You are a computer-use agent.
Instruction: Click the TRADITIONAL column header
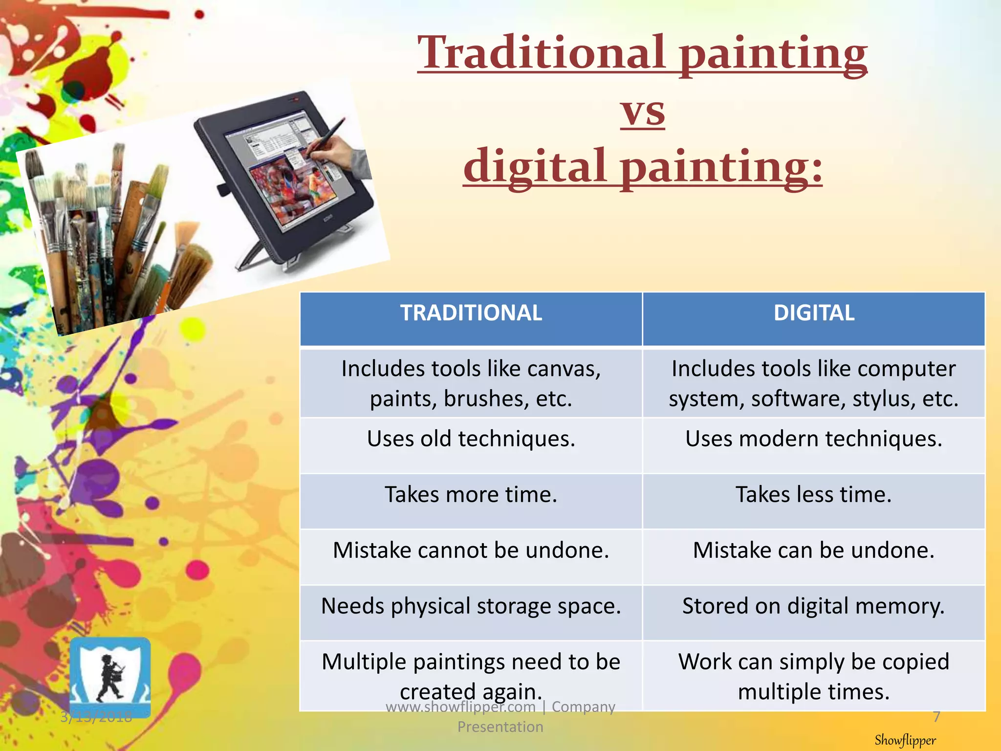471,313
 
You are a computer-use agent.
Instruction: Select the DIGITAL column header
814,313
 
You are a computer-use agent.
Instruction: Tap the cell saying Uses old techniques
471,439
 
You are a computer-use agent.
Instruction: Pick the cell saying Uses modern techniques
814,439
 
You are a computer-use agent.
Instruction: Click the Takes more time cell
471,494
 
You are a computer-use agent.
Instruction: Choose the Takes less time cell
814,494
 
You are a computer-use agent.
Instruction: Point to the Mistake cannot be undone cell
471,550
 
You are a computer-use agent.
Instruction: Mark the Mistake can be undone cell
814,550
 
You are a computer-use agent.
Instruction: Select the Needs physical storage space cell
471,606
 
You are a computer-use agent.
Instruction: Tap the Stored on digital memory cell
814,606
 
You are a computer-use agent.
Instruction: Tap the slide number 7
936,717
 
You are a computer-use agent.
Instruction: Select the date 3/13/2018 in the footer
96,717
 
